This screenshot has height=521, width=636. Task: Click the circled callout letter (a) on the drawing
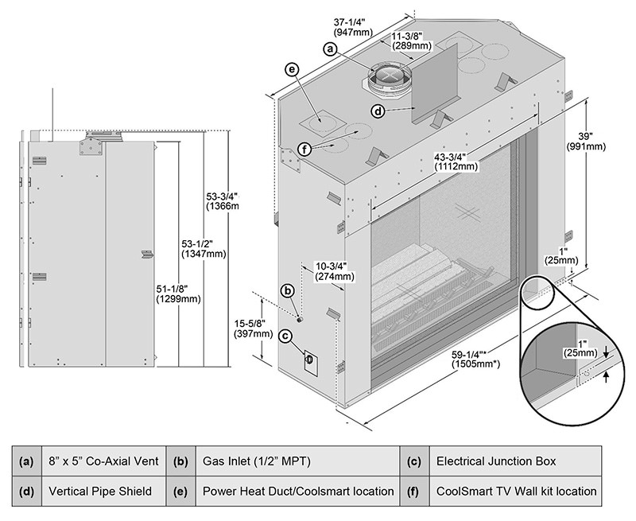[x=332, y=49]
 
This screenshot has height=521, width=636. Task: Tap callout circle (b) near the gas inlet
[x=288, y=292]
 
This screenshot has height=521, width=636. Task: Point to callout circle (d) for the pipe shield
[x=378, y=111]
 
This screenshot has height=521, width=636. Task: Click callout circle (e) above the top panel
[x=293, y=70]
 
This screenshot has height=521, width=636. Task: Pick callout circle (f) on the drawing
[x=306, y=147]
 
